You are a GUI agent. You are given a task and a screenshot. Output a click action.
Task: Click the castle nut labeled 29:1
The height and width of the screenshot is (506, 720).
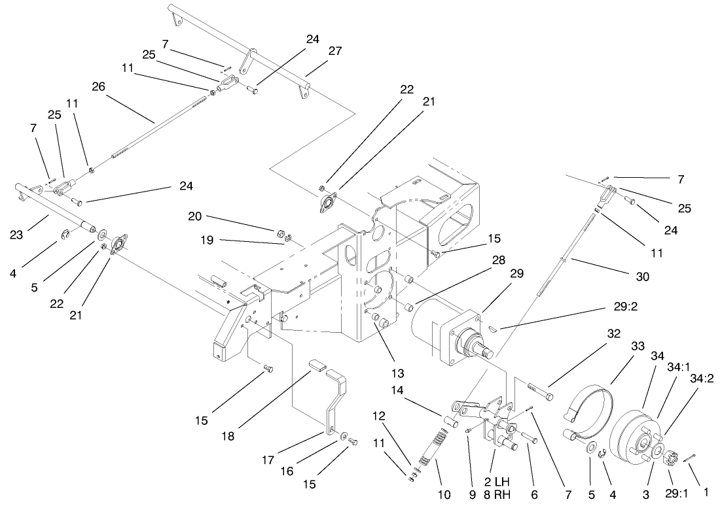click(667, 457)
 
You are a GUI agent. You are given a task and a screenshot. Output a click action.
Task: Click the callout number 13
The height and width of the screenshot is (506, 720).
click(380, 374)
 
